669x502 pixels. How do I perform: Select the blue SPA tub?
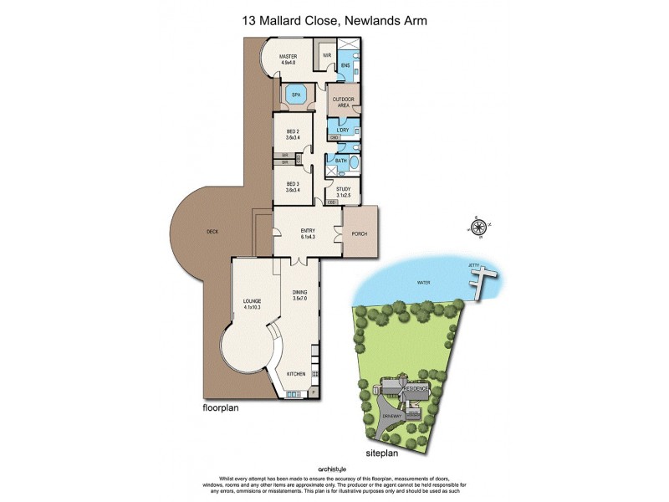[x=296, y=95]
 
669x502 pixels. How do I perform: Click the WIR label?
[x=327, y=56]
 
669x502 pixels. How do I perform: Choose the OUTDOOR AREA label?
[x=343, y=103]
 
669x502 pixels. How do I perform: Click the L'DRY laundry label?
[x=342, y=130]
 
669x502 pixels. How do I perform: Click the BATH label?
[x=340, y=160]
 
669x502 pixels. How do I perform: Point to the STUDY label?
[x=344, y=192]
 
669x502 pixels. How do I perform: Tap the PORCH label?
[x=360, y=233]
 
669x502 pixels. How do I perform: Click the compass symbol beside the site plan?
[x=479, y=227]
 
